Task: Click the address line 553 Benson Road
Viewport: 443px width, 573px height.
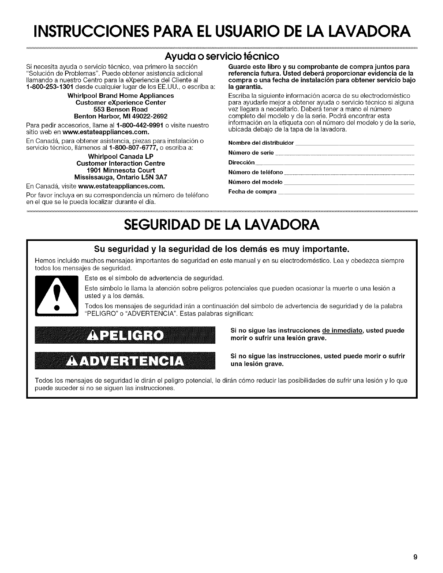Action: click(121, 109)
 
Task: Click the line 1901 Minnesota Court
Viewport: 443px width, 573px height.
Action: click(121, 170)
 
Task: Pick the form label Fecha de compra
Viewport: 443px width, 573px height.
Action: click(252, 191)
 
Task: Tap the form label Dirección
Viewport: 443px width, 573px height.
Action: click(242, 162)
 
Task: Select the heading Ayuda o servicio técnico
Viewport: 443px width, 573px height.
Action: click(221, 56)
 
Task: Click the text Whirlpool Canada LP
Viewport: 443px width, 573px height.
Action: click(121, 157)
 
